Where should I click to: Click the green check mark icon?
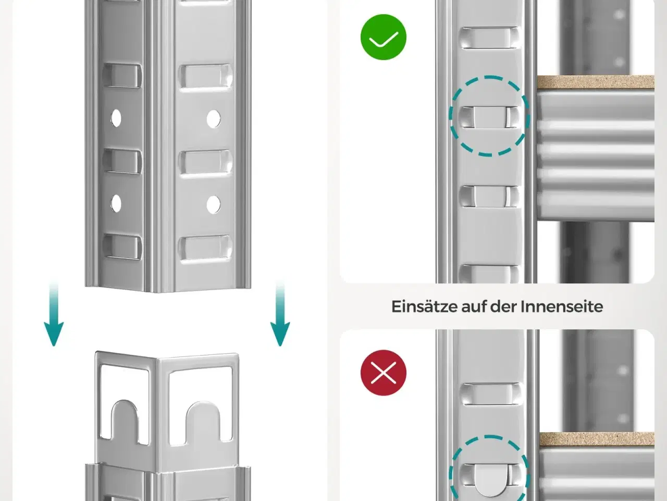[x=384, y=37]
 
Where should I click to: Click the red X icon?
[x=384, y=373]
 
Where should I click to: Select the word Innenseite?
[x=562, y=306]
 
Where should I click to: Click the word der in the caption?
[x=503, y=307]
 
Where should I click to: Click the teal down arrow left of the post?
[x=54, y=314]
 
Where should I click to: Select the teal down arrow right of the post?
[x=280, y=314]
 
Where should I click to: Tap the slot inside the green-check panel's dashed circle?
[x=489, y=117]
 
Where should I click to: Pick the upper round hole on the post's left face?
[x=116, y=118]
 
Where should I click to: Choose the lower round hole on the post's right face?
[x=214, y=204]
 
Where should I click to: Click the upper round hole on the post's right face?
[x=214, y=118]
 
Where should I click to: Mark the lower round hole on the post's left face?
[x=116, y=203]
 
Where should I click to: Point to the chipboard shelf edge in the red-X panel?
[x=597, y=439]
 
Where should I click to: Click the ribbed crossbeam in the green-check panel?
[x=596, y=156]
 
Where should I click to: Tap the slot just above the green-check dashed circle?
[x=489, y=38]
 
